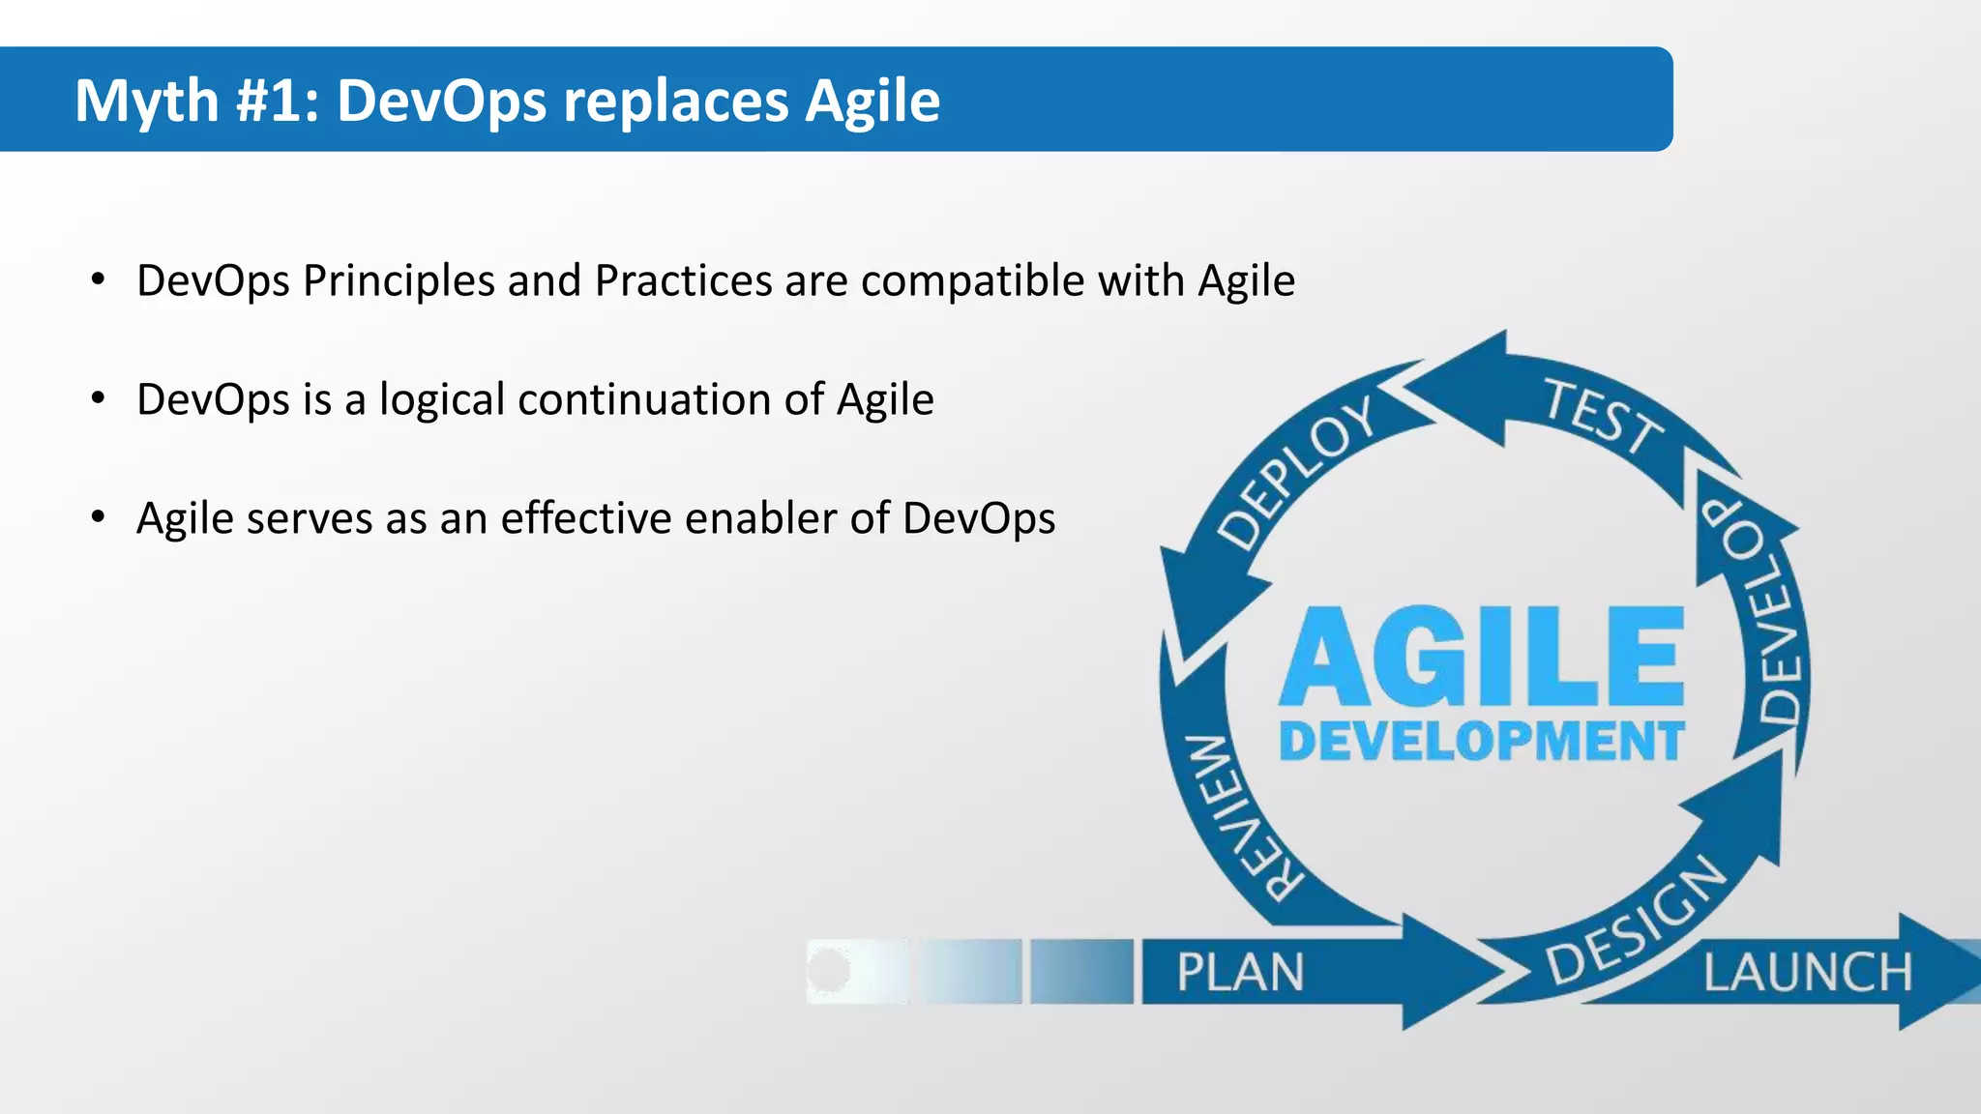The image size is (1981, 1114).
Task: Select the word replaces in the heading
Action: pos(674,101)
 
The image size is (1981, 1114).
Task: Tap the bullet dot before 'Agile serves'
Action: pos(98,518)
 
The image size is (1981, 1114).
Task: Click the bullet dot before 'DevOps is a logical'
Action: pos(98,399)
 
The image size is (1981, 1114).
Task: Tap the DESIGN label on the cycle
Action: pos(1636,920)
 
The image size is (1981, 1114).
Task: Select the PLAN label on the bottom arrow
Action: pos(1240,972)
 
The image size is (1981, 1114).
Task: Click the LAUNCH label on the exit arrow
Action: pos(1807,972)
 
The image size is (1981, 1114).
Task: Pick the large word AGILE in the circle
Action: pos(1481,658)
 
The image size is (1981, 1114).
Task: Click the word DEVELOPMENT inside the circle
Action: pos(1481,742)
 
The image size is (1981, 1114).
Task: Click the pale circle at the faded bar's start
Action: pos(829,970)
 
